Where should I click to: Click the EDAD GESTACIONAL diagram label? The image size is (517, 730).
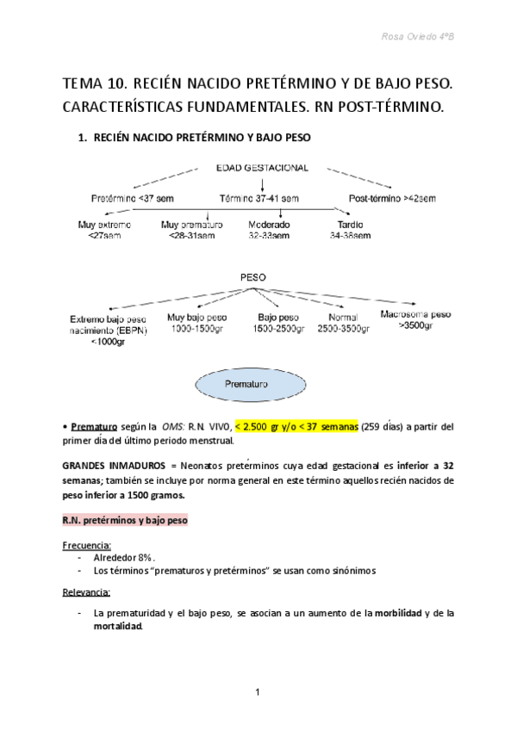263,168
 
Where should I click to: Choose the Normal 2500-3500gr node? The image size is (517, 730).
342,323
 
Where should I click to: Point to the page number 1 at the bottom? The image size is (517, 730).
258,692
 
